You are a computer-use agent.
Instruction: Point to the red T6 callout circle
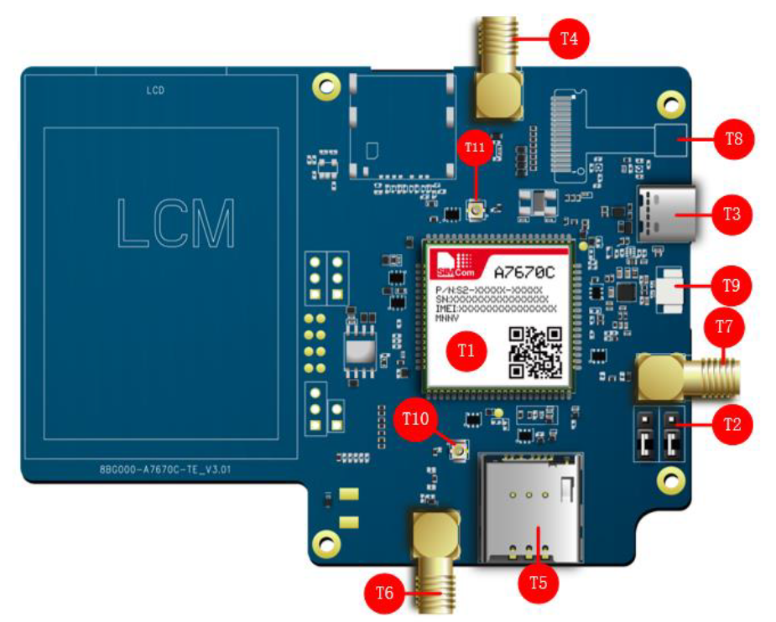[x=385, y=593]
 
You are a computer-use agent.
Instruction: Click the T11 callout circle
[x=476, y=148]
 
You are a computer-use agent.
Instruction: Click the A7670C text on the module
[x=525, y=272]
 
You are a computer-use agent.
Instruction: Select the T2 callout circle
[x=732, y=422]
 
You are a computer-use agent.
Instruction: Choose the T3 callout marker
[x=732, y=213]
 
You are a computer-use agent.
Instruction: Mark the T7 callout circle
[x=724, y=327]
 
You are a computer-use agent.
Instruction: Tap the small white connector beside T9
[x=670, y=287]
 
